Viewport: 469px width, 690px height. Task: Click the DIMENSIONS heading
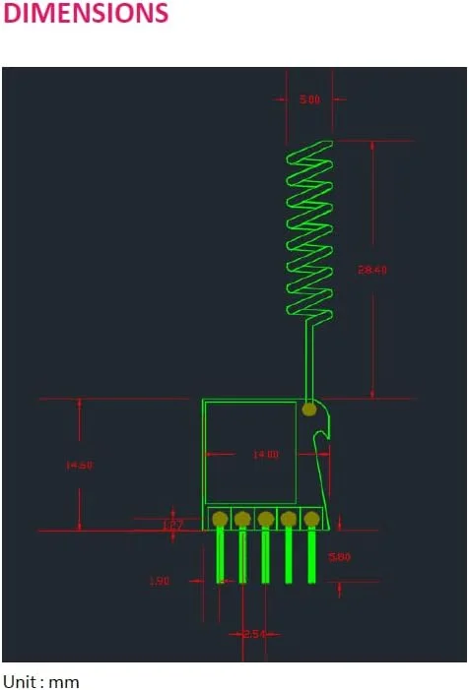[87, 14]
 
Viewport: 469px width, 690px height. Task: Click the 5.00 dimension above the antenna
[308, 99]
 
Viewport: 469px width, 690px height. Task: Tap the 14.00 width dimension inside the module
[266, 455]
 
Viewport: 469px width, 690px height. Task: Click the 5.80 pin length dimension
[341, 556]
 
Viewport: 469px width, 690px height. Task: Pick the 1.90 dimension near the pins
[160, 581]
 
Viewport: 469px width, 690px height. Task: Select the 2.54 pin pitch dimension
[253, 634]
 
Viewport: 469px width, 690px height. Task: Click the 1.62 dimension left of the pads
[172, 525]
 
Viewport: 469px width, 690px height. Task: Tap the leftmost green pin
[220, 556]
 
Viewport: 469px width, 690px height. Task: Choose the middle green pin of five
[266, 556]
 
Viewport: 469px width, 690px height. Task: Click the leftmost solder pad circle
[220, 519]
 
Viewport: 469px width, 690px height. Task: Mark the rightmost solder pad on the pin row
[311, 519]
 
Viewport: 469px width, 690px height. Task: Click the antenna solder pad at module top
[309, 408]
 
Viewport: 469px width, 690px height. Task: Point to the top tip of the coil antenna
[326, 144]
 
